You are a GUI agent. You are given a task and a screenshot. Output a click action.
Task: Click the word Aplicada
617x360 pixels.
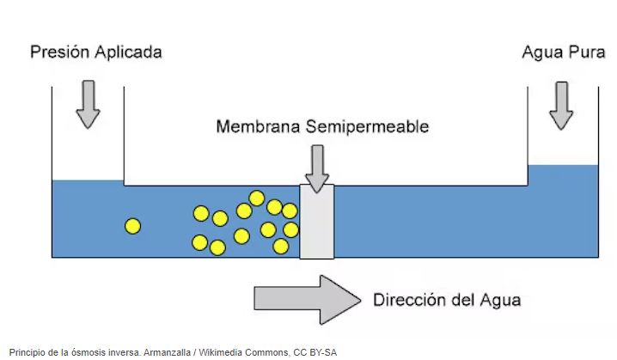click(127, 52)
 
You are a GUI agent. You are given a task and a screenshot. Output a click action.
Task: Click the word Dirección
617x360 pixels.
click(410, 300)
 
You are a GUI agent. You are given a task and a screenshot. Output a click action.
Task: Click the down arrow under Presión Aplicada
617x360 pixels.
click(88, 104)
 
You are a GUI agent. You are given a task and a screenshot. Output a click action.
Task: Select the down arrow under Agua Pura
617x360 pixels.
click(561, 104)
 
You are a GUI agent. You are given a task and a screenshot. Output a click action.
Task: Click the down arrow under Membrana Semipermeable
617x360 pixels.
click(317, 168)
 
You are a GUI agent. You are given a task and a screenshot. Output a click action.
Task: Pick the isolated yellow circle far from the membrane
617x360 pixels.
click(132, 226)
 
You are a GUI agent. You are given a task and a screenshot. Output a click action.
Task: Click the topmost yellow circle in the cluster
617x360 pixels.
click(256, 198)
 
